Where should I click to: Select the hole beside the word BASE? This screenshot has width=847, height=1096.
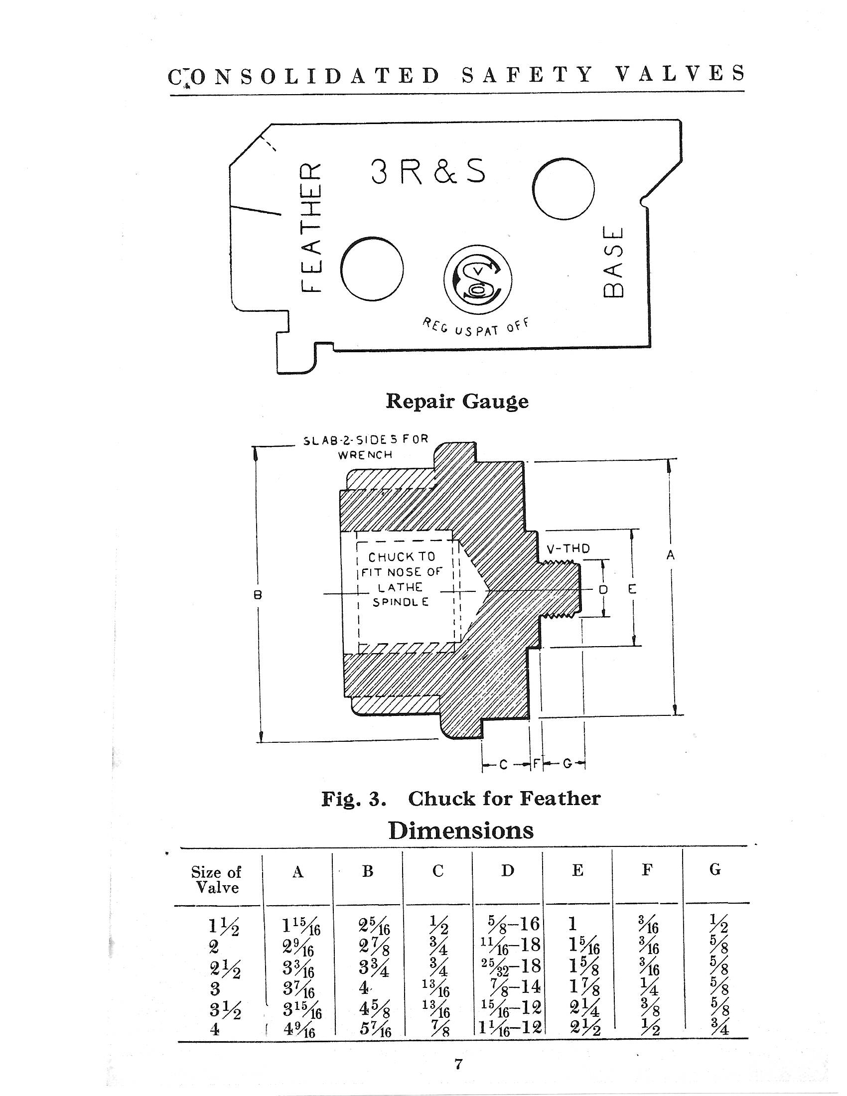tap(564, 189)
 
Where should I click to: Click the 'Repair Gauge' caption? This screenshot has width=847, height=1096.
tap(457, 402)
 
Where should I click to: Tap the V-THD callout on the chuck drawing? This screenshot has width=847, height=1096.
tap(567, 548)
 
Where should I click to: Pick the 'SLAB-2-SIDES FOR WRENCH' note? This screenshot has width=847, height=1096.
tap(366, 447)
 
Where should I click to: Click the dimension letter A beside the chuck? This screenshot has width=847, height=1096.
tap(671, 555)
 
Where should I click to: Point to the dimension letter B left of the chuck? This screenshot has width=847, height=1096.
tap(259, 595)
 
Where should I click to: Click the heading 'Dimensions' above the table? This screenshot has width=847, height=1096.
tap(461, 831)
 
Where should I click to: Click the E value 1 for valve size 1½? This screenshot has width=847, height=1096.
tap(573, 924)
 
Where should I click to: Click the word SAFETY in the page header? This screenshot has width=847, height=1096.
tap(526, 74)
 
